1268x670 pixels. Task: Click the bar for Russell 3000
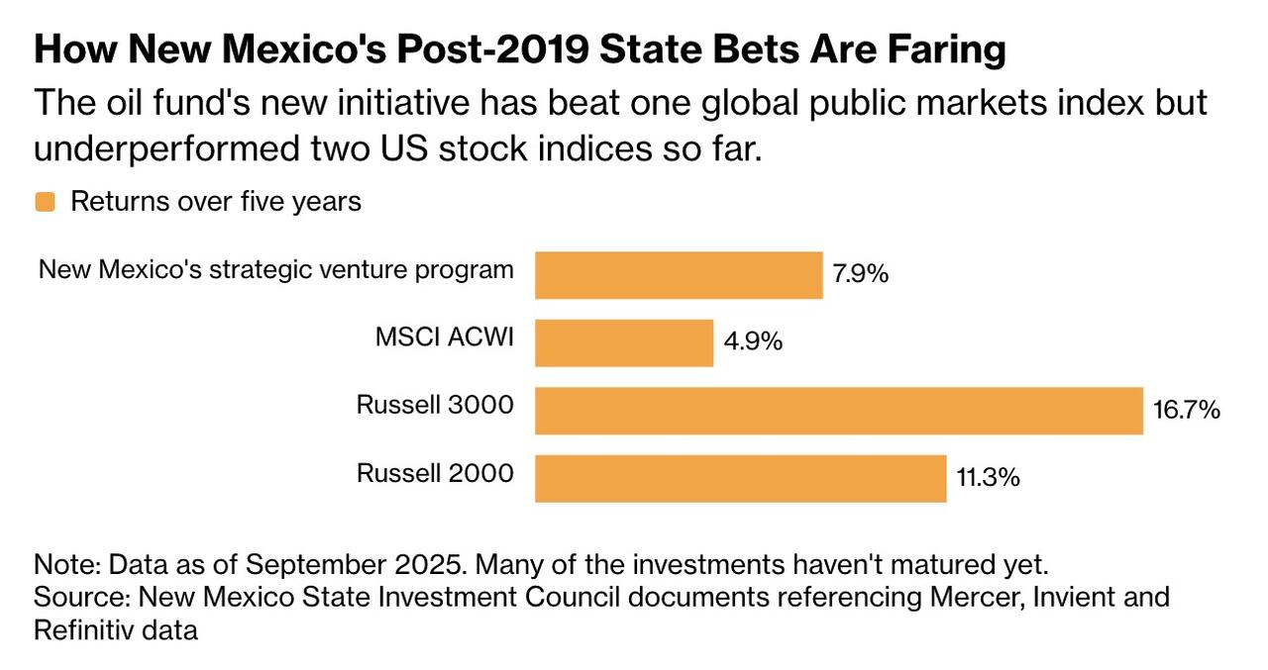[x=838, y=411]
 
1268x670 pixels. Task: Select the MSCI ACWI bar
[x=624, y=342]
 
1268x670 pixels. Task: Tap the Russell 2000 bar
[x=740, y=479]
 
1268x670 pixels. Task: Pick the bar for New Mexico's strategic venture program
[x=679, y=275]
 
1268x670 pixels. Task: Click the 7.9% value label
[x=860, y=274]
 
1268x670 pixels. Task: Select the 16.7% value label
[x=1186, y=410]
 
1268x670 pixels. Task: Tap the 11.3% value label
[x=988, y=478]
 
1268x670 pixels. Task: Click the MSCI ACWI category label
[x=444, y=337]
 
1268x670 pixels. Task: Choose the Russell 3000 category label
[x=435, y=405]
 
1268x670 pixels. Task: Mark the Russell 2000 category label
[x=435, y=473]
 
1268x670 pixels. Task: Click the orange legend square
[x=45, y=203]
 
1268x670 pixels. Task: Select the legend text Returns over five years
[x=215, y=202]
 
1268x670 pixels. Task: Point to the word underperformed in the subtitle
[x=177, y=149]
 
